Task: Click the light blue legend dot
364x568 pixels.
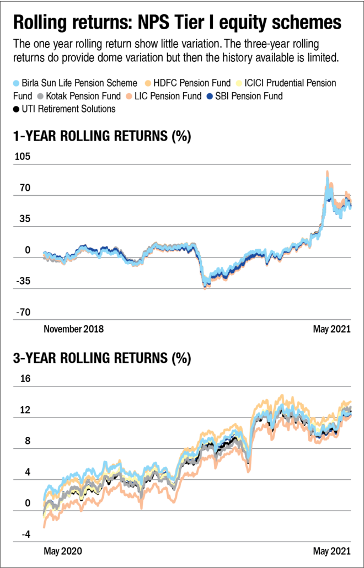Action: click(16, 83)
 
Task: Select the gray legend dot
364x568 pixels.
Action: click(40, 97)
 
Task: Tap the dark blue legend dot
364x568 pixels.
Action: click(210, 97)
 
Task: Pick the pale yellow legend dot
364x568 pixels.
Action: click(239, 83)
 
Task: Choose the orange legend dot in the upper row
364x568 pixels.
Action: click(148, 83)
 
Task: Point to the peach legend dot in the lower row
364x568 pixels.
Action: click(129, 97)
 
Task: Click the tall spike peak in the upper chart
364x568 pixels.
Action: click(328, 172)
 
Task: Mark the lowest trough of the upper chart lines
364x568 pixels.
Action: click(205, 287)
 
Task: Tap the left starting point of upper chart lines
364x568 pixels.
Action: click(44, 255)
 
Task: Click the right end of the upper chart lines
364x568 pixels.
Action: click(351, 205)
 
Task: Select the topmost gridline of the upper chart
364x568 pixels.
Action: click(182, 164)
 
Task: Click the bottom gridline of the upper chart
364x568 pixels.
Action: click(182, 319)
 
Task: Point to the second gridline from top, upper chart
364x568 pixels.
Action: click(182, 195)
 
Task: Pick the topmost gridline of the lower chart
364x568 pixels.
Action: click(182, 387)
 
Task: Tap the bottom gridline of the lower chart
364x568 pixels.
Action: click(182, 542)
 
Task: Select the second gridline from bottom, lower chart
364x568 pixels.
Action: click(182, 511)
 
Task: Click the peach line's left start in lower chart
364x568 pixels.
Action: click(44, 527)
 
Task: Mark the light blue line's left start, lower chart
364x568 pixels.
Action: click(44, 499)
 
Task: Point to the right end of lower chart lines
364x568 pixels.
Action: click(351, 408)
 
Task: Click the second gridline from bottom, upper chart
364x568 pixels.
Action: click(182, 288)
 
